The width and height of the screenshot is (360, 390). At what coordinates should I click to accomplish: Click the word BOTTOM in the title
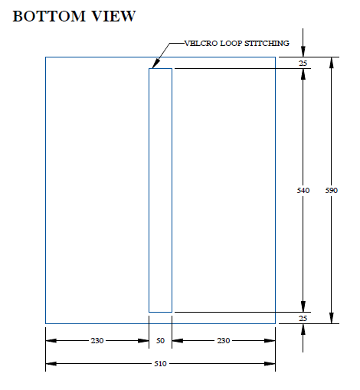pyautogui.click(x=49, y=16)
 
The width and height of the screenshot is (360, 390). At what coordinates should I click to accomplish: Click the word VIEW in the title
pyautogui.click(x=114, y=16)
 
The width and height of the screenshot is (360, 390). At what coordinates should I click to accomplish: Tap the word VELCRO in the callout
pyautogui.click(x=201, y=44)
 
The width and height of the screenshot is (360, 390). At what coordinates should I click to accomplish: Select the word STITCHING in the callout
pyautogui.click(x=267, y=44)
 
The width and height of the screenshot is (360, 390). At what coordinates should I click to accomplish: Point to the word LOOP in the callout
pyautogui.click(x=231, y=44)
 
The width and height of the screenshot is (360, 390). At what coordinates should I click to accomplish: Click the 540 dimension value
pyautogui.click(x=303, y=190)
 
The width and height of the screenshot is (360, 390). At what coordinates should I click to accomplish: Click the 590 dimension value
pyautogui.click(x=332, y=190)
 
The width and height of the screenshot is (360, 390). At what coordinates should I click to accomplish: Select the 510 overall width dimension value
pyautogui.click(x=160, y=363)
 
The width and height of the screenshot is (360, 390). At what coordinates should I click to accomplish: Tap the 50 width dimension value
pyautogui.click(x=160, y=340)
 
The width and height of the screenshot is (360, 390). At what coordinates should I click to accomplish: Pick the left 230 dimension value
pyautogui.click(x=97, y=340)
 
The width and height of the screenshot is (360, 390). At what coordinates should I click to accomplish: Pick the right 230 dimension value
pyautogui.click(x=224, y=340)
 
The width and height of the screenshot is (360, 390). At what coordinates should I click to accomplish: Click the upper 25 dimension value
pyautogui.click(x=303, y=63)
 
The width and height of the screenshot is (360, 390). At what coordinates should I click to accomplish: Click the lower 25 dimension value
pyautogui.click(x=303, y=318)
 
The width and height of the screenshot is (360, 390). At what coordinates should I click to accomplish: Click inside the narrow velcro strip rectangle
pyautogui.click(x=160, y=190)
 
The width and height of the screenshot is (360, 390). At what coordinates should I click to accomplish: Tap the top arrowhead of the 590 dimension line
pyautogui.click(x=332, y=63)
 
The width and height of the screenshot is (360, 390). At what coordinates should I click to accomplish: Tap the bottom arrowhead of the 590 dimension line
pyautogui.click(x=332, y=318)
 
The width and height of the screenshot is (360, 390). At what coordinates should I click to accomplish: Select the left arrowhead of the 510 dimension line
pyautogui.click(x=51, y=363)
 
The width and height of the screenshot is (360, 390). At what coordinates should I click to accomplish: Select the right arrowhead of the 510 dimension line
pyautogui.click(x=270, y=363)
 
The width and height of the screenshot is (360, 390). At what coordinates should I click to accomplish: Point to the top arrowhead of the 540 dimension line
pyautogui.click(x=303, y=74)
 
